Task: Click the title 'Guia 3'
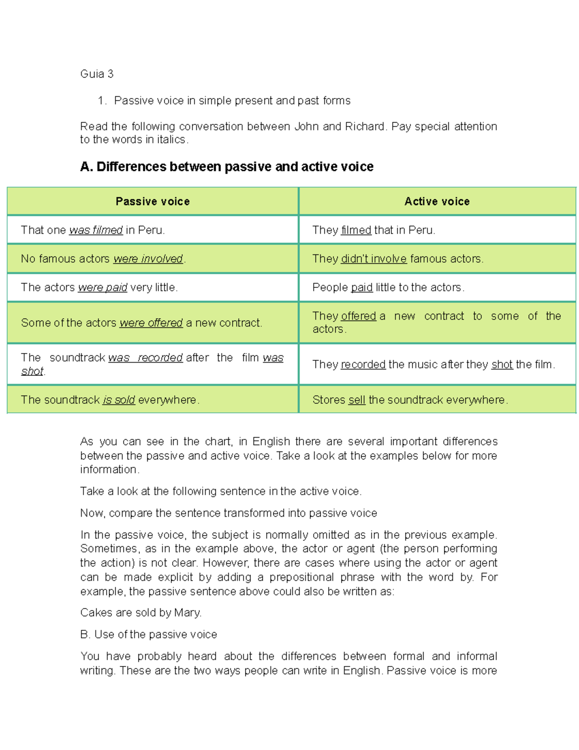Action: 96,74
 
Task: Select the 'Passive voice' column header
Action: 152,201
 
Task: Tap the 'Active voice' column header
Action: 437,201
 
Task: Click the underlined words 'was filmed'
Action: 96,230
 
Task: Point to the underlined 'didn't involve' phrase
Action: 373,259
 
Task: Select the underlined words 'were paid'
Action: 102,287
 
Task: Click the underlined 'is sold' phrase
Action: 119,400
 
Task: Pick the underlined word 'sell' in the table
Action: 357,400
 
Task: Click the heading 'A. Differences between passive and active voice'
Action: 227,167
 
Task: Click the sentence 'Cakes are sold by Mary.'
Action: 141,612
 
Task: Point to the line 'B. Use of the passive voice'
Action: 149,634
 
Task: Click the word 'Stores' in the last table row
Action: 329,400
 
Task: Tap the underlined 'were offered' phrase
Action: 151,323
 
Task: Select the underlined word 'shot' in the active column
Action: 502,365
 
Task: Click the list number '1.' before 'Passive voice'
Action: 101,100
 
